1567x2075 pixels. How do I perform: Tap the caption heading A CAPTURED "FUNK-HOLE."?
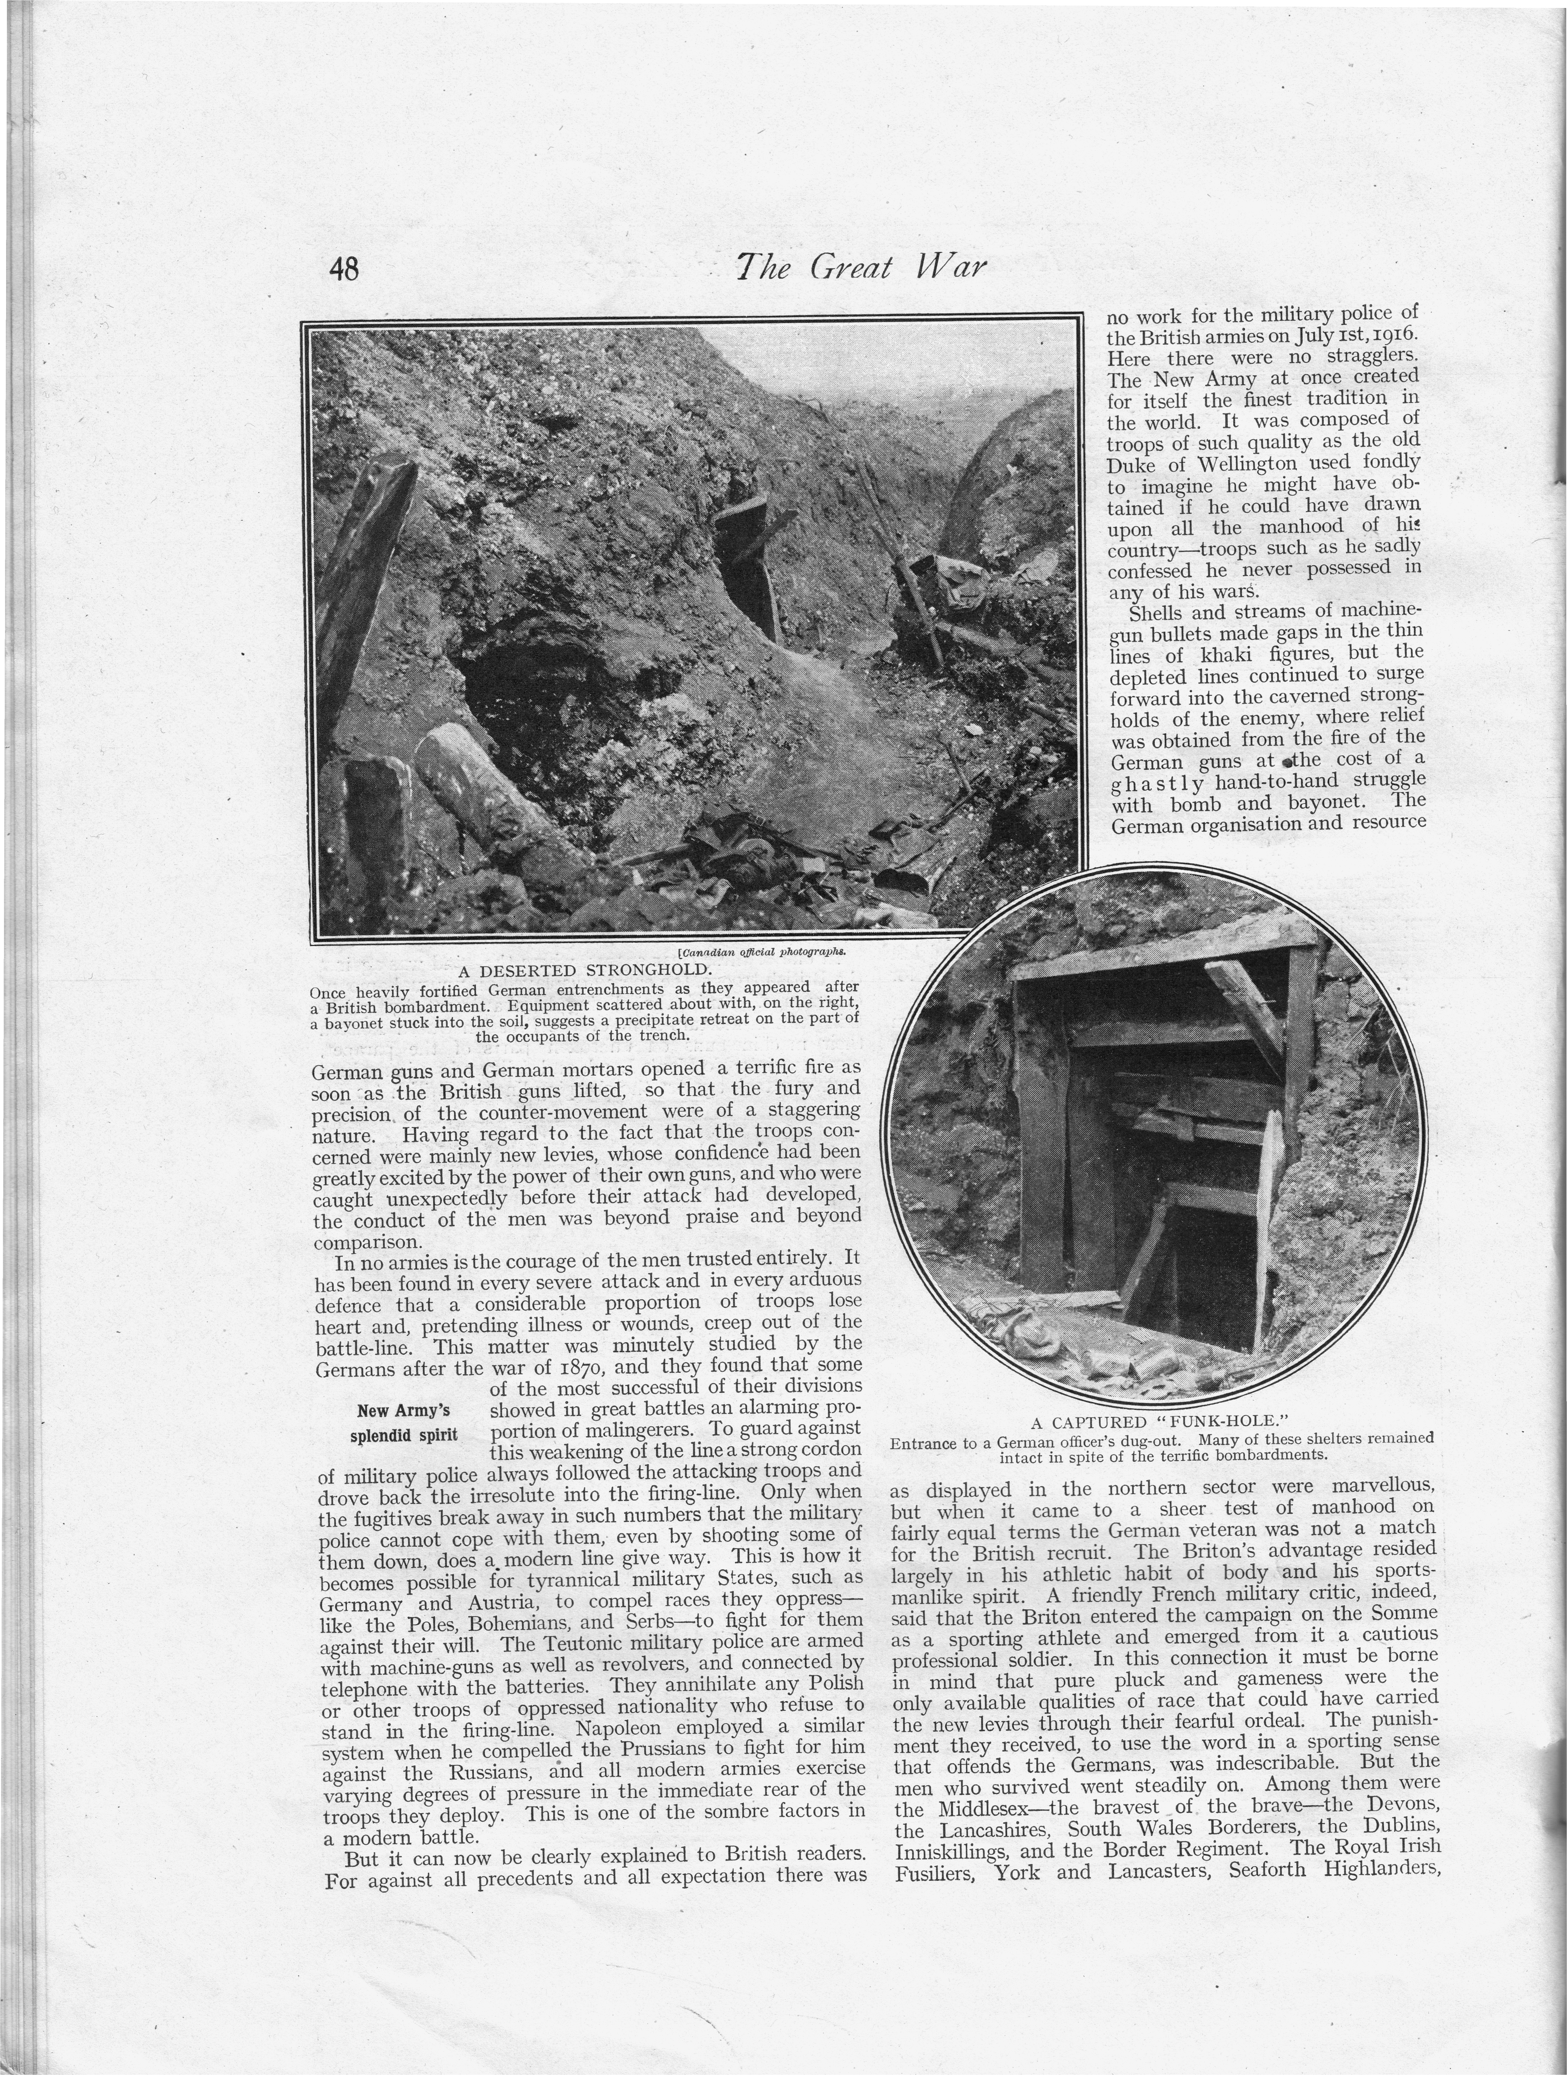tap(1163, 1421)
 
